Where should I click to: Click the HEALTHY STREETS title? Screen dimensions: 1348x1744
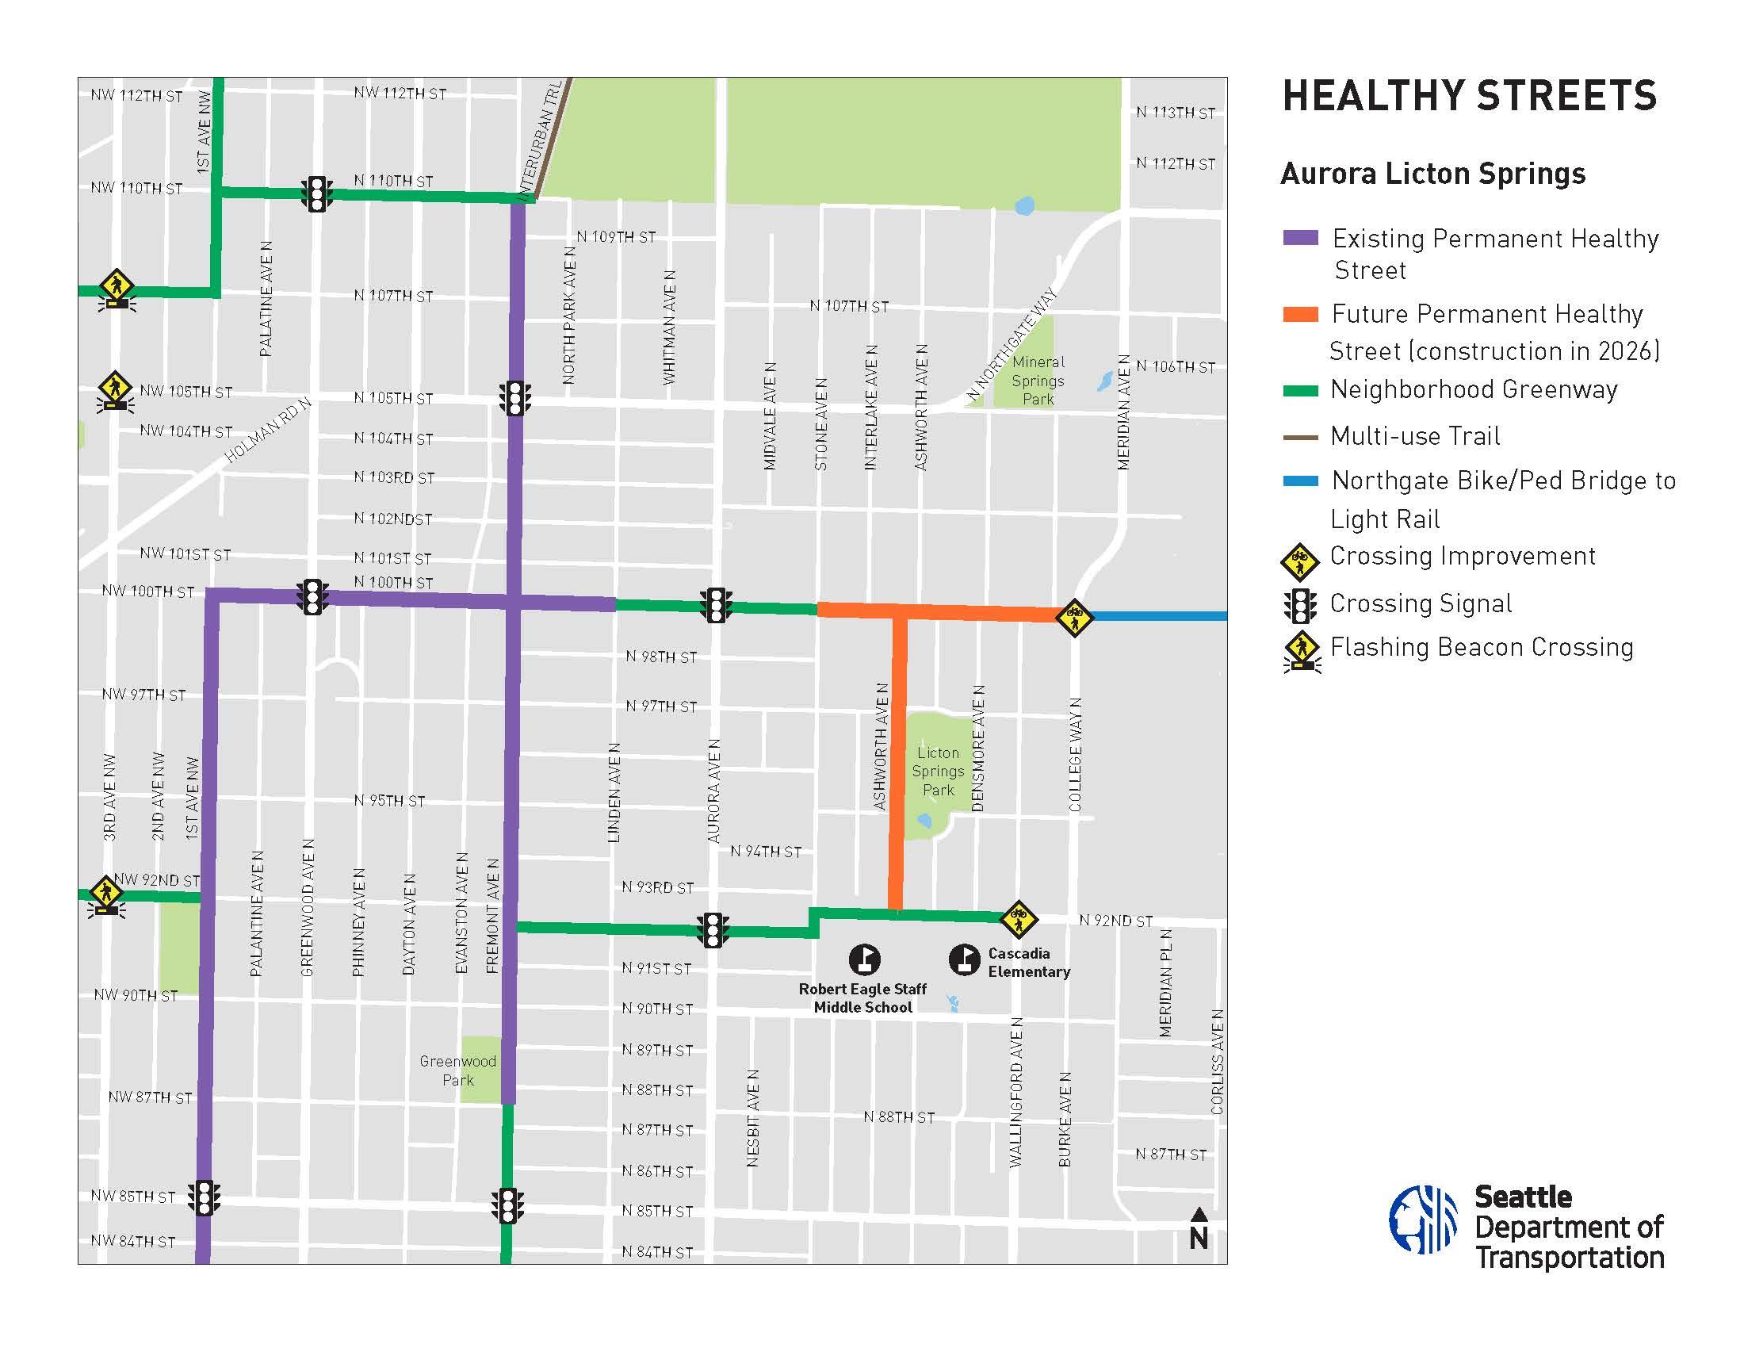point(1469,96)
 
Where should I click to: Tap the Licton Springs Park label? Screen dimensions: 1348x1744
point(938,772)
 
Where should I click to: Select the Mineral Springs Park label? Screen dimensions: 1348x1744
point(1038,381)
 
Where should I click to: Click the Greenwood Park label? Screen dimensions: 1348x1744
point(458,1071)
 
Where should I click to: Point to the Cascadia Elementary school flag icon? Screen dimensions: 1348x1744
point(965,960)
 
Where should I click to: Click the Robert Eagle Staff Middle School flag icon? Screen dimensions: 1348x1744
point(864,960)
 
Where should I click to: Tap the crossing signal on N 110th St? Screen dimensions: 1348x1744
point(317,193)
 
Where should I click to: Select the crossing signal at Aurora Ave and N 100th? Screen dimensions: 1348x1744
point(717,605)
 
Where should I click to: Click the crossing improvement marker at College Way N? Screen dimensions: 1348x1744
point(1074,617)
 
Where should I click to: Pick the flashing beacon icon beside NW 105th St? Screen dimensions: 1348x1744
point(117,391)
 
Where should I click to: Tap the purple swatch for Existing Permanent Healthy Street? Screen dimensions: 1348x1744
point(1300,238)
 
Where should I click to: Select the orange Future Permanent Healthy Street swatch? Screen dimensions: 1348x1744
point(1300,315)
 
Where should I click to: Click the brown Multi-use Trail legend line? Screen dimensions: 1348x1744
point(1300,437)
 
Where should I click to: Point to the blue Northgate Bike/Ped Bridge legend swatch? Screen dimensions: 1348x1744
point(1300,481)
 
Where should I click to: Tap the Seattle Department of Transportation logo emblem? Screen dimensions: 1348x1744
point(1423,1220)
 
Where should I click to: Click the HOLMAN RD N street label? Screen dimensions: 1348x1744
point(266,431)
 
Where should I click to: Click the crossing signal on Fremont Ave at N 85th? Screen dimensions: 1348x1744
point(508,1206)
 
